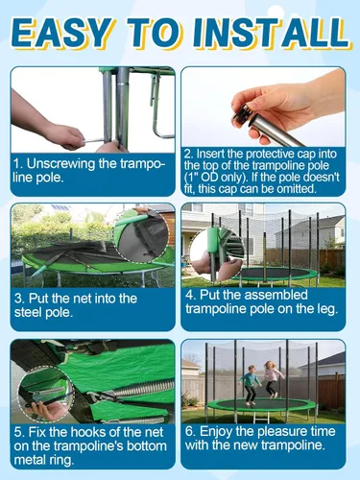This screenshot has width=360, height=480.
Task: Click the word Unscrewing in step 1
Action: (60, 164)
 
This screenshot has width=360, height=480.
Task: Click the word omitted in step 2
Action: (296, 189)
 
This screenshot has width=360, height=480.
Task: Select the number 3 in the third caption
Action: (18, 299)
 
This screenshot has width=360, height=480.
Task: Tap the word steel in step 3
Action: (26, 312)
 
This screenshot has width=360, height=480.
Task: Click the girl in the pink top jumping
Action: (272, 379)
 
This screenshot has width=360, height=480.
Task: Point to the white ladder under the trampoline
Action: (262, 417)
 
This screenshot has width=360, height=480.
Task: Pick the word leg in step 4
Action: (326, 309)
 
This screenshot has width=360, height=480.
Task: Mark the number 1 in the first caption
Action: (17, 164)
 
